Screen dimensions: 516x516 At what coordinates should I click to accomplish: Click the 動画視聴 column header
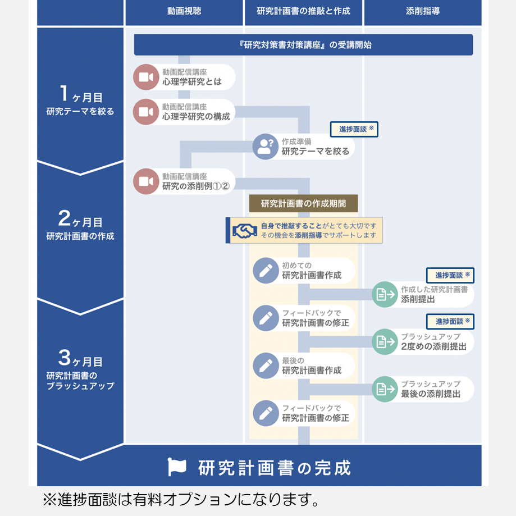pyautogui.click(x=184, y=12)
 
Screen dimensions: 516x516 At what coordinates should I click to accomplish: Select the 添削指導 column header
pyautogui.click(x=423, y=12)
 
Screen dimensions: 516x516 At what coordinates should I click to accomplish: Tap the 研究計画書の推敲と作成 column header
pyautogui.click(x=303, y=12)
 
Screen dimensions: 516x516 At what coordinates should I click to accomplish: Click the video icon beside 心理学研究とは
pyautogui.click(x=146, y=77)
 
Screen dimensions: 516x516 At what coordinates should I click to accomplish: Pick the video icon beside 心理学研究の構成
pyautogui.click(x=146, y=112)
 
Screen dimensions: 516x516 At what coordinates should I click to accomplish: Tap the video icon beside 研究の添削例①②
pyautogui.click(x=146, y=181)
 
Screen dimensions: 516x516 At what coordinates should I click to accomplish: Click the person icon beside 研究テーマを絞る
pyautogui.click(x=266, y=147)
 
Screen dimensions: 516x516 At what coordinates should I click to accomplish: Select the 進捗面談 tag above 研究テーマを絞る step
pyautogui.click(x=354, y=129)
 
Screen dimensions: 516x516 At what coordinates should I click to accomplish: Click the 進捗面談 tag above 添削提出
pyautogui.click(x=450, y=276)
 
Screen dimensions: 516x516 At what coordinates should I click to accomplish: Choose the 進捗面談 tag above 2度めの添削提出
pyautogui.click(x=450, y=322)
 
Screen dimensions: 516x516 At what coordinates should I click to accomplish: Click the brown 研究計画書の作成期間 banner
pyautogui.click(x=303, y=203)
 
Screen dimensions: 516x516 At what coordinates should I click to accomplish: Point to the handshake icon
pyautogui.click(x=244, y=231)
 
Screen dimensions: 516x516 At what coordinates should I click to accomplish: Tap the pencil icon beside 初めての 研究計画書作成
pyautogui.click(x=266, y=271)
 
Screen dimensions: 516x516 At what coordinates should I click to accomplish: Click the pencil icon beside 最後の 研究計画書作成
pyautogui.click(x=266, y=366)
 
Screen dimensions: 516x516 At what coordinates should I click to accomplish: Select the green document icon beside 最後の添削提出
pyautogui.click(x=385, y=389)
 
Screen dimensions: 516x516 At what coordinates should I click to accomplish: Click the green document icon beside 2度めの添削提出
pyautogui.click(x=385, y=341)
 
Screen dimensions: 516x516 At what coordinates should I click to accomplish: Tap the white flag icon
pyautogui.click(x=177, y=467)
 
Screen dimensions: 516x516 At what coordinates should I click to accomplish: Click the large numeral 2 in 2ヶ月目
pyautogui.click(x=65, y=218)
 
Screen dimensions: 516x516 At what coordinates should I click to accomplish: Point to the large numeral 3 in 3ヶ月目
pyautogui.click(x=65, y=358)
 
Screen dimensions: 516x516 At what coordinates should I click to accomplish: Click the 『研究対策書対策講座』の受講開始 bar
pyautogui.click(x=303, y=45)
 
